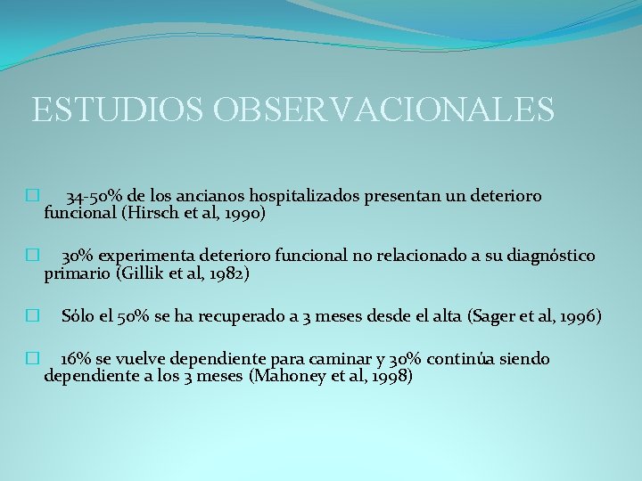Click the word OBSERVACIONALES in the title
pos(383,110)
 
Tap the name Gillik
pos(145,273)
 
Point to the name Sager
pos(489,316)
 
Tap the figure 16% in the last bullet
pos(76,359)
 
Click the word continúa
pos(465,359)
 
